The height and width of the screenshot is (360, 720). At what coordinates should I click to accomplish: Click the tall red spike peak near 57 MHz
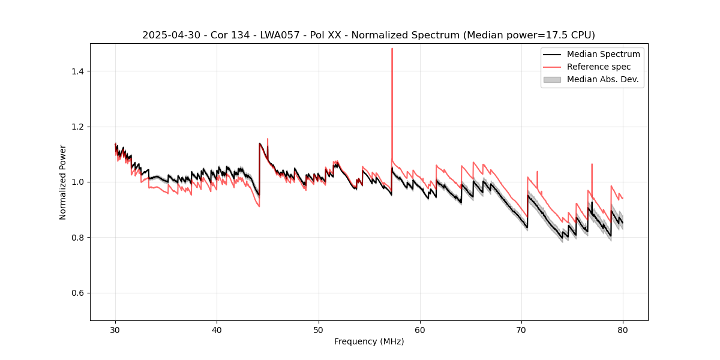click(392, 49)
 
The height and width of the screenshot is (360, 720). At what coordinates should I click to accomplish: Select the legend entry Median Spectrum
click(603, 54)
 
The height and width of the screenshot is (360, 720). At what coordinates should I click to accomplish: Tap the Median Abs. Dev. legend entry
click(602, 79)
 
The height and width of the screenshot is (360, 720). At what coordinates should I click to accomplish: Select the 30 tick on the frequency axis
click(116, 330)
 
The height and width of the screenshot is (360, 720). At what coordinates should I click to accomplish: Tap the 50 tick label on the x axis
click(319, 330)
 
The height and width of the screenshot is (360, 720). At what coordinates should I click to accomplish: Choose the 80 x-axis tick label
click(623, 330)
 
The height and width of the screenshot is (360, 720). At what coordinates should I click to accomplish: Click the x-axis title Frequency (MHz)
click(369, 341)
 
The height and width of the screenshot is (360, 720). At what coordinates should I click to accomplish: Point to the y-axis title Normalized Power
click(63, 182)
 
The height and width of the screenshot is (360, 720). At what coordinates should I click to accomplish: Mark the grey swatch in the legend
click(552, 79)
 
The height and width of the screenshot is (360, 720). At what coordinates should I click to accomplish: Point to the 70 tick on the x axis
click(521, 330)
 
